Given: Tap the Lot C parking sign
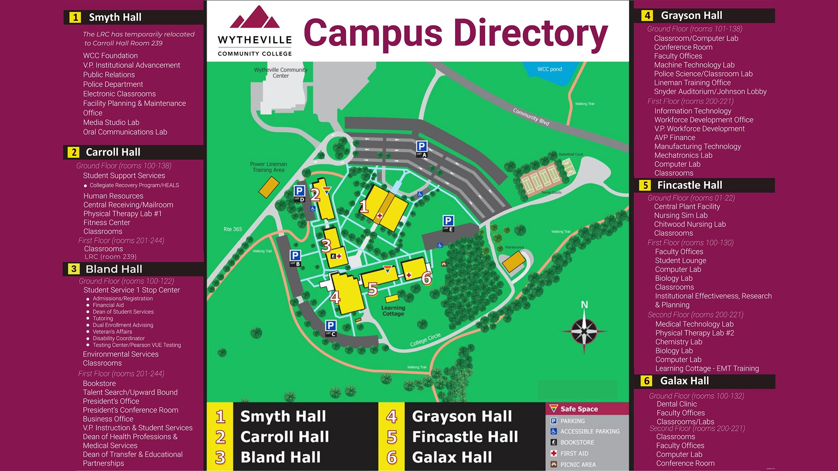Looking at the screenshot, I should [331, 328].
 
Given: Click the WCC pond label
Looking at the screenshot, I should [549, 69].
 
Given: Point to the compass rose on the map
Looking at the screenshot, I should [584, 331].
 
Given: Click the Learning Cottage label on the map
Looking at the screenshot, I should [393, 311].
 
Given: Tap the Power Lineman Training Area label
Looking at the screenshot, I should [269, 167].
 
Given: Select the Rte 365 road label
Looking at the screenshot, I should [233, 229].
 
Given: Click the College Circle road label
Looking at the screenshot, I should [425, 340].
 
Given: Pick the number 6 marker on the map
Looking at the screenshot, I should [426, 278].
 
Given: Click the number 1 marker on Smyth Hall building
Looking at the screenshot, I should [364, 206].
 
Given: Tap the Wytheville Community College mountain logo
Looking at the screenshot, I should [255, 19].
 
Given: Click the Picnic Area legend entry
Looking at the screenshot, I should [578, 464].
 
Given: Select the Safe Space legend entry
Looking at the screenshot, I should [579, 409].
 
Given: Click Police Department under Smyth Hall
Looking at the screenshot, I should [113, 84].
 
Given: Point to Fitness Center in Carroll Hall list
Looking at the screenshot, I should [106, 222].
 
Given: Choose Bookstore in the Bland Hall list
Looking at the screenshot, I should [99, 383].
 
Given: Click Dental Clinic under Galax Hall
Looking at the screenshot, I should [676, 404].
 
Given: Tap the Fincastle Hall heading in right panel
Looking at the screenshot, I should [689, 185].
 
